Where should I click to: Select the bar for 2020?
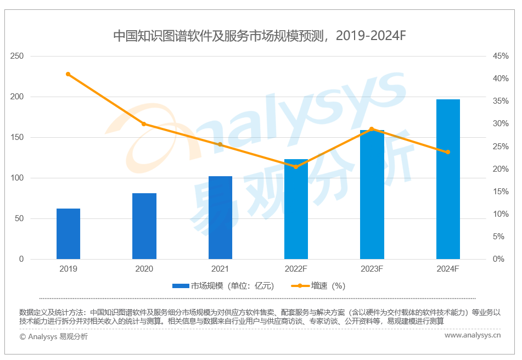tap(144, 226)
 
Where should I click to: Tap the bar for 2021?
tap(220, 218)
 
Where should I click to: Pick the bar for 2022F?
tap(296, 212)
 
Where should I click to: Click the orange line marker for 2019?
tap(68, 74)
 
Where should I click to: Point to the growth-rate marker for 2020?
tap(144, 124)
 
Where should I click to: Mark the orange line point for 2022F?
tap(296, 166)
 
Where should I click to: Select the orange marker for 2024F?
tap(448, 152)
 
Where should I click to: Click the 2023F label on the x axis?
tap(372, 269)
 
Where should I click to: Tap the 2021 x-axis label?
tap(220, 269)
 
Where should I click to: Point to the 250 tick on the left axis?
tap(17, 56)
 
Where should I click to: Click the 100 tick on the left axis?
tap(17, 178)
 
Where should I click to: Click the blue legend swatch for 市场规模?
tap(181, 286)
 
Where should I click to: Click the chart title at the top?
tap(259, 36)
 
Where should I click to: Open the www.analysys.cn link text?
tap(472, 335)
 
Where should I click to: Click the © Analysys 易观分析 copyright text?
tap(53, 336)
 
